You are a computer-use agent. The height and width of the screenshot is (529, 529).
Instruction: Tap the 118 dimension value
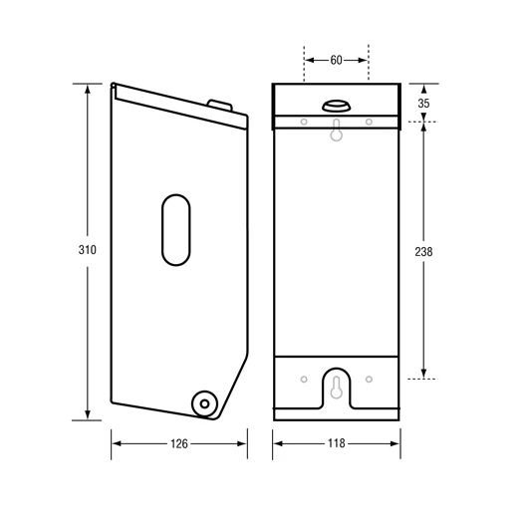tap(336, 443)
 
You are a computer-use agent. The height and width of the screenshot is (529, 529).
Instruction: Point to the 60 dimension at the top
tap(336, 60)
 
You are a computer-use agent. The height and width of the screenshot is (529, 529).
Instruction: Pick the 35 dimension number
tap(424, 103)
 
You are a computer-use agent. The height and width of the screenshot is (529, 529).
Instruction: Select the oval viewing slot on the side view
tap(175, 230)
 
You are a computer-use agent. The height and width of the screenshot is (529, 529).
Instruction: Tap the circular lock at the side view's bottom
tap(204, 403)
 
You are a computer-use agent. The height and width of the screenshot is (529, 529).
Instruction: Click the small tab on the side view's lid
tap(219, 103)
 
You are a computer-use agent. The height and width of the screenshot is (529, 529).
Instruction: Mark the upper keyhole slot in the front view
tap(336, 131)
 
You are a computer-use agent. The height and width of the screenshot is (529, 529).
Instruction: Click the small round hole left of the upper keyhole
tap(303, 122)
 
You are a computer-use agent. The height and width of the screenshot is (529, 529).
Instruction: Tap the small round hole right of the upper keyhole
tap(369, 122)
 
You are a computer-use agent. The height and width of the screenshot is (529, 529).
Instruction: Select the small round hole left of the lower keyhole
tap(303, 379)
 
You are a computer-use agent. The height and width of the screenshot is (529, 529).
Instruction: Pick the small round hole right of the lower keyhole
tap(369, 379)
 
